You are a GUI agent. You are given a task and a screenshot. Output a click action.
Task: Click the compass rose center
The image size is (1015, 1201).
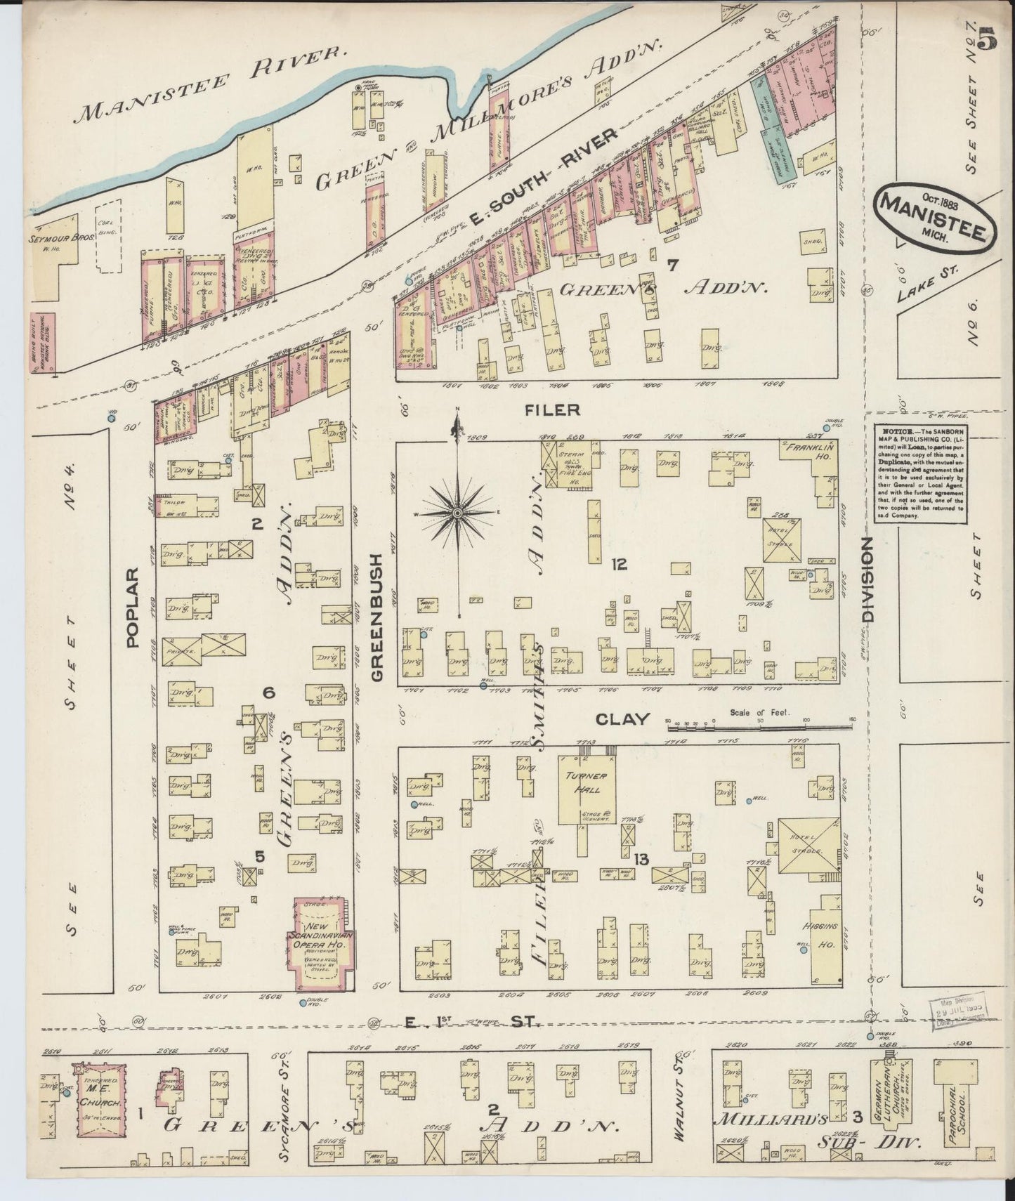point(457,514)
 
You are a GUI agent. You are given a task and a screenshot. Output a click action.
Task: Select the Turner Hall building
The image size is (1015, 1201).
point(587,789)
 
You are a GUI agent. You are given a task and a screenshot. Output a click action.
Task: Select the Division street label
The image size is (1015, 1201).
point(868,579)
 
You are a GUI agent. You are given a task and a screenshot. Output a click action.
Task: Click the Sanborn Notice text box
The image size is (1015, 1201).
point(920,473)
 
